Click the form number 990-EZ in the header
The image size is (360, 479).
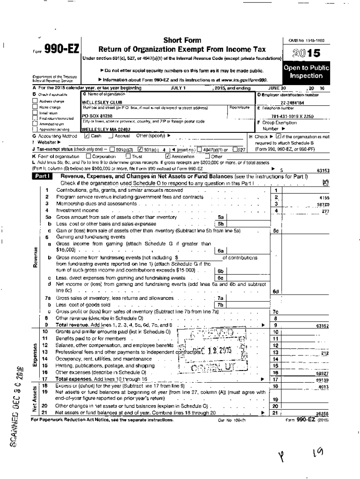point(61,49)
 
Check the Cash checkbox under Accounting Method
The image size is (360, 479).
point(87,136)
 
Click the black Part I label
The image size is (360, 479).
point(43,176)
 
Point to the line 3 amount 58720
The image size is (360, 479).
point(322,204)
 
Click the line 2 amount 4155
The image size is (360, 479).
point(324,198)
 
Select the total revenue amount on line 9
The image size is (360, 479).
point(322,325)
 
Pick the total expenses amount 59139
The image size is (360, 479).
point(322,381)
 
